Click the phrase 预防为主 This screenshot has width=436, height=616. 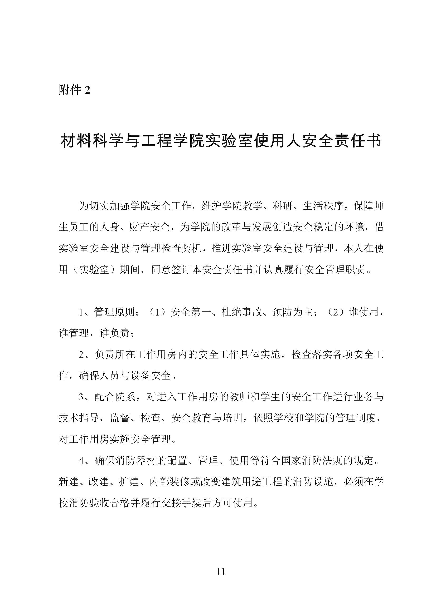pyautogui.click(x=292, y=312)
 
